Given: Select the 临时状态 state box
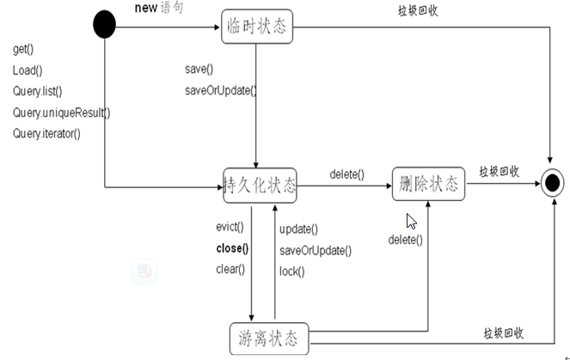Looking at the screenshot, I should (x=257, y=27).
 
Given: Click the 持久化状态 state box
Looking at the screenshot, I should (x=260, y=185).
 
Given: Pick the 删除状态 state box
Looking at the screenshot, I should (x=427, y=183).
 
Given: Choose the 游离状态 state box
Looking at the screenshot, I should (x=269, y=338).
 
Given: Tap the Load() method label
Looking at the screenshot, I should (x=28, y=70).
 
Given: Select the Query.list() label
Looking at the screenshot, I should (x=38, y=91).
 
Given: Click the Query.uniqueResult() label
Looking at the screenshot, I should (x=61, y=113).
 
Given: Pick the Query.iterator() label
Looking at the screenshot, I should (x=46, y=133).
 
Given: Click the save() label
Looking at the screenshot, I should (x=199, y=70).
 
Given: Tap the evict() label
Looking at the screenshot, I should (x=230, y=228).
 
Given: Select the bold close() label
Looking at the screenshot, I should (x=232, y=249).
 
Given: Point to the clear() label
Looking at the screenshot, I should (x=230, y=270).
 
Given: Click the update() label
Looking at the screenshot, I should (x=298, y=229).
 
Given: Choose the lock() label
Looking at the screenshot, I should (x=292, y=272).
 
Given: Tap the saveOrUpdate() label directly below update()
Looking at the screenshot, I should (x=315, y=251).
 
